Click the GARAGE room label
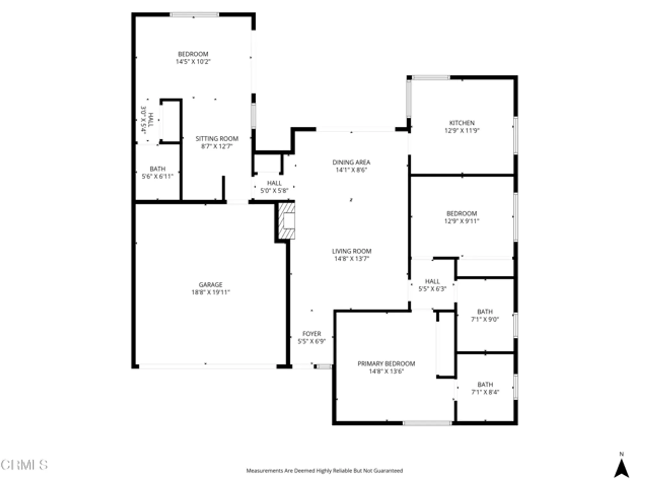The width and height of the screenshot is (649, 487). click(211, 285)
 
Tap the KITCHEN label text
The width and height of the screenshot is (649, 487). click(462, 123)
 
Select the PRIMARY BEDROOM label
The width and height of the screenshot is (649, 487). click(386, 364)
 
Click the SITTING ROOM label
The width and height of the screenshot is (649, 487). click(217, 139)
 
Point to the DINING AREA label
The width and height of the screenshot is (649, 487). click(351, 162)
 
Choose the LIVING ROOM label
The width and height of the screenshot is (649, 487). click(351, 251)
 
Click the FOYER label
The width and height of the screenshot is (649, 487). click(312, 334)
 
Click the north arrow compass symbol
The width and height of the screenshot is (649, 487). click(621, 468)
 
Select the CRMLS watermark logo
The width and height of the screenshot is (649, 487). click(24, 465)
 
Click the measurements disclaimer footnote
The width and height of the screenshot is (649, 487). click(324, 470)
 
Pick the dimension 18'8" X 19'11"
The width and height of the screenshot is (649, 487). click(211, 292)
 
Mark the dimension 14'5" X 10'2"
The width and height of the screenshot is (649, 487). click(193, 62)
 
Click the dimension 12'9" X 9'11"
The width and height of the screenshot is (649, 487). click(461, 221)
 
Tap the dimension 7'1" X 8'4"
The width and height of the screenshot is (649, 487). click(485, 392)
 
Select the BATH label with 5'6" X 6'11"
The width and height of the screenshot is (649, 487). click(157, 169)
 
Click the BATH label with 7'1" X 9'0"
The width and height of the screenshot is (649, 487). click(485, 312)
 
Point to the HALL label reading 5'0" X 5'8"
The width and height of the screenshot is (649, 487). click(274, 183)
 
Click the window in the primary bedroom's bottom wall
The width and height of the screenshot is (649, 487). click(427, 423)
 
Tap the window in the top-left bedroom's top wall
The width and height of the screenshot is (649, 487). click(194, 15)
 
